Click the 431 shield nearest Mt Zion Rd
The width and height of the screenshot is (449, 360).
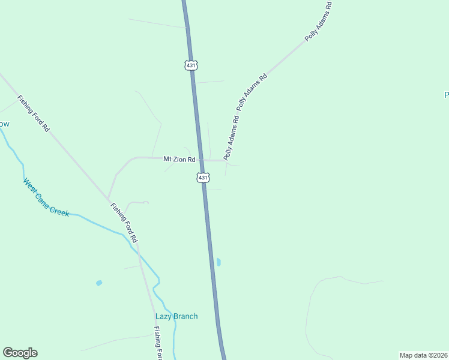203,178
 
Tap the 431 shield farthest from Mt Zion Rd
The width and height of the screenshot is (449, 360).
191,65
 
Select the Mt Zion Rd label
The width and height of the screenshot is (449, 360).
179,160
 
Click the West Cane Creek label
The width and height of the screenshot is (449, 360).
46,197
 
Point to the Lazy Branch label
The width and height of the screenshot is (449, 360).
176,316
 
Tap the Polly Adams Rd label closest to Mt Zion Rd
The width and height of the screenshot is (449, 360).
232,137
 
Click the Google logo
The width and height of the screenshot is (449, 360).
20,353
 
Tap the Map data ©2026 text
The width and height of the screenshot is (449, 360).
423,355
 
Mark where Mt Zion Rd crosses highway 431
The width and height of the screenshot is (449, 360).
200,160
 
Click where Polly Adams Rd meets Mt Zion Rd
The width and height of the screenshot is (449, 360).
226,160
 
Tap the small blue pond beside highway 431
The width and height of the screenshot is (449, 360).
218,262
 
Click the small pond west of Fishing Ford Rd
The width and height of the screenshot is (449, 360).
99,283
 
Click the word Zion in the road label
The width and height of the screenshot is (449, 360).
181,160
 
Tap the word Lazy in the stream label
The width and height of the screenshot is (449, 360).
164,316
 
